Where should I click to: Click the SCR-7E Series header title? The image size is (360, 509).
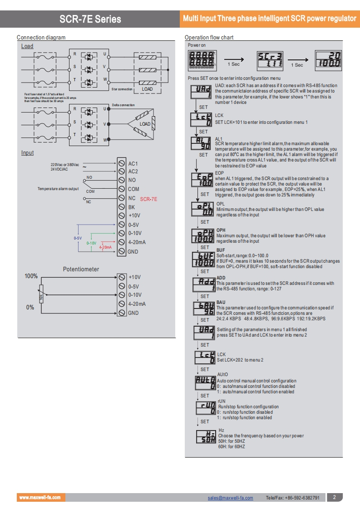[90, 19]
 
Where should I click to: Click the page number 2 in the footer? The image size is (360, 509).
[334, 497]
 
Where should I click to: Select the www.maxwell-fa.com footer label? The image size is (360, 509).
[39, 498]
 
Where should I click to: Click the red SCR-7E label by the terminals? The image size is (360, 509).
[148, 199]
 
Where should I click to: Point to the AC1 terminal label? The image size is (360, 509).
[133, 163]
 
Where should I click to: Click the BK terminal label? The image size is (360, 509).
[132, 207]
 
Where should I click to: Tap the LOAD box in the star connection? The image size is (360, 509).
[147, 89]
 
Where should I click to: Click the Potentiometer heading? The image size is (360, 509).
[81, 269]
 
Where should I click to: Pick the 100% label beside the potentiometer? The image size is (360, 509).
[31, 276]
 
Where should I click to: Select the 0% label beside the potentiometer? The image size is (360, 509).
[30, 307]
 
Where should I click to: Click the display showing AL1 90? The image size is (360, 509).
[200, 143]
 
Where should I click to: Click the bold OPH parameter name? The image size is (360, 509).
[221, 230]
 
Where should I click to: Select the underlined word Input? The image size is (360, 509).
[28, 153]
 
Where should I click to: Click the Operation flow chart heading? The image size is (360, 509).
[209, 38]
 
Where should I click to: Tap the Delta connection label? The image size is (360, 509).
[123, 105]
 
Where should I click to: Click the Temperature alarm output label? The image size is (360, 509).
[58, 189]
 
